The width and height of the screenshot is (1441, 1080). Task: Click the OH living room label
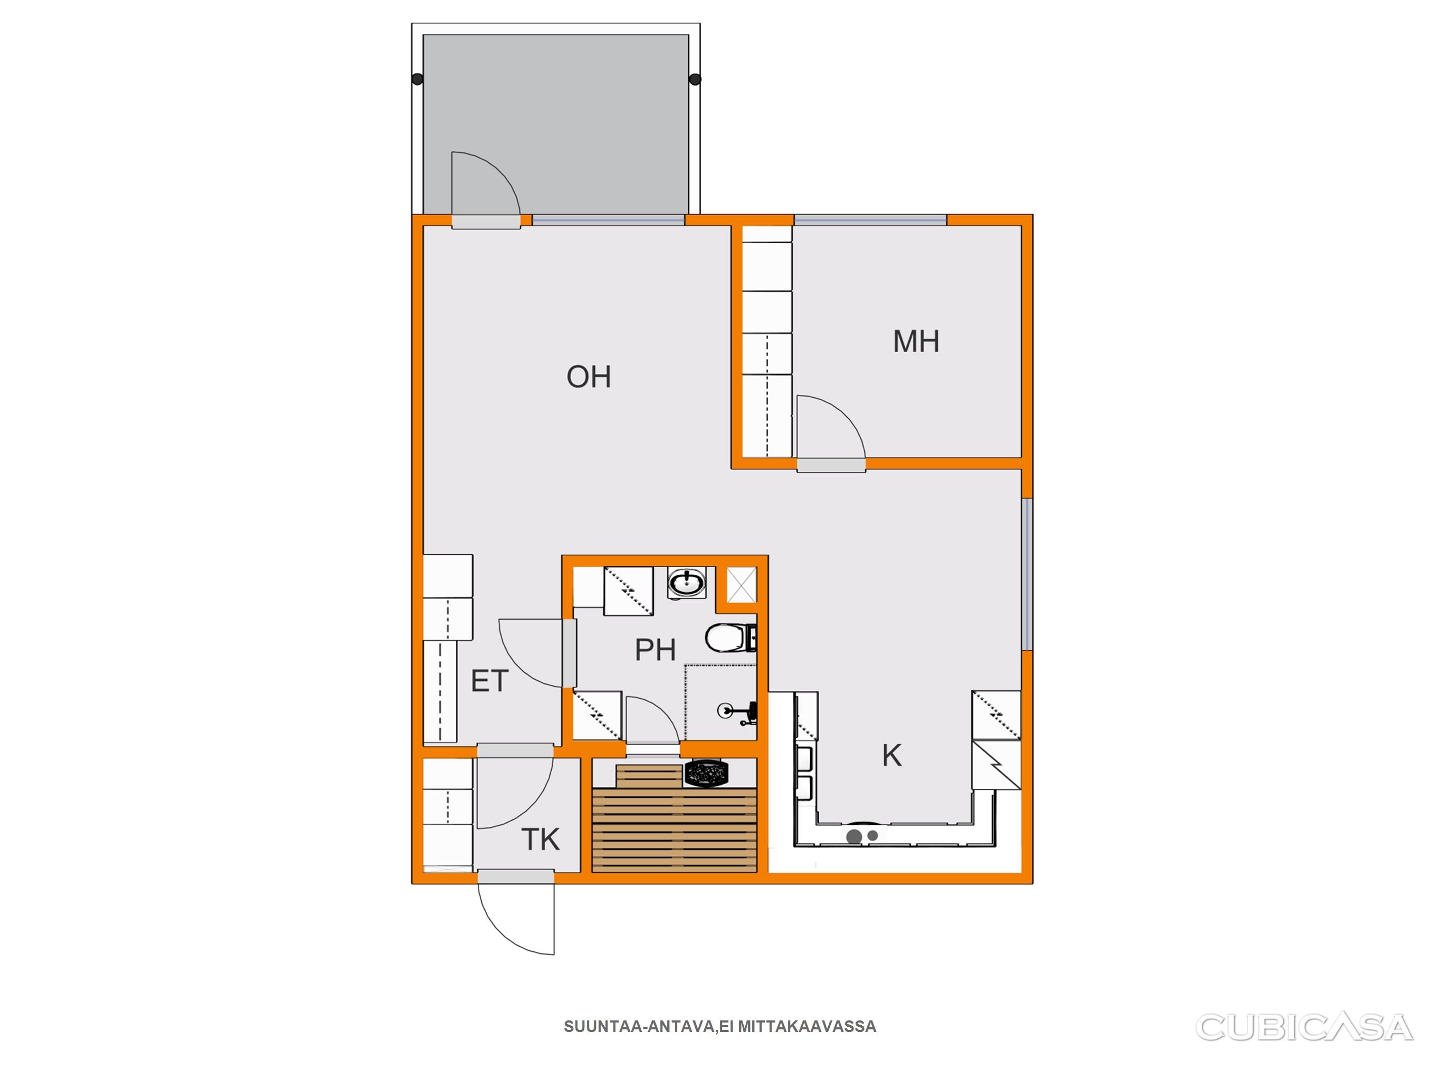click(x=588, y=377)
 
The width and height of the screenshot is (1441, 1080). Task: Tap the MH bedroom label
click(x=916, y=342)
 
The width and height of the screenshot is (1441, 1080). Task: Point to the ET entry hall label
click(x=489, y=681)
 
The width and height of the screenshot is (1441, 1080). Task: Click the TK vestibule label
click(x=540, y=840)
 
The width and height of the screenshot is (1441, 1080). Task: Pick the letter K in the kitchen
click(x=892, y=756)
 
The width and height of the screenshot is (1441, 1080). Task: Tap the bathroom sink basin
click(x=687, y=583)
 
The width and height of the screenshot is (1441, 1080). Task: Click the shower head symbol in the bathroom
click(x=737, y=711)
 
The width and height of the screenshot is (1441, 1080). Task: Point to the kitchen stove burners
click(x=861, y=836)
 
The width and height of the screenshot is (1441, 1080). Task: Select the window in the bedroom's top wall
click(x=870, y=220)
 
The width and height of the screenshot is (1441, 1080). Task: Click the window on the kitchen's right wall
click(x=1027, y=574)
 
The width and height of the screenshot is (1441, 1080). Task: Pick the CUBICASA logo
click(x=1304, y=1027)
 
